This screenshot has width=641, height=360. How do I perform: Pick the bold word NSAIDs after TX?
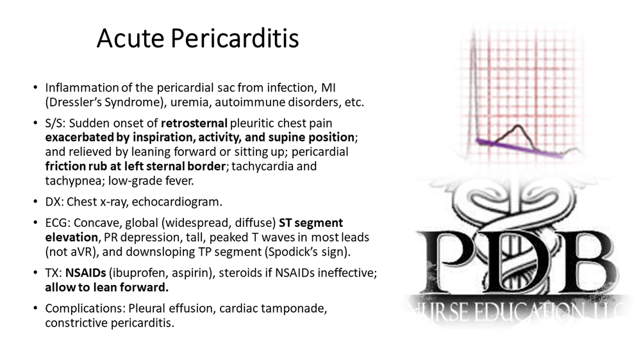pyautogui.click(x=85, y=272)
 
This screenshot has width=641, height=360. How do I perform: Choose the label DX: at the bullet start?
pyautogui.click(x=55, y=202)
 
